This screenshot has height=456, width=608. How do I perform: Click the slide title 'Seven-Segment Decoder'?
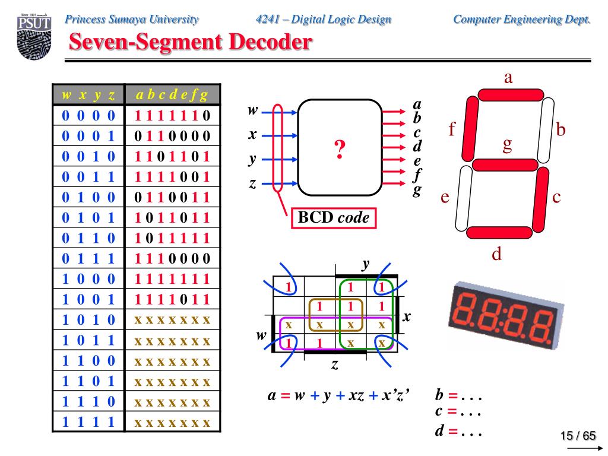189,42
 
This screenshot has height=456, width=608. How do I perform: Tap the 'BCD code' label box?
333,218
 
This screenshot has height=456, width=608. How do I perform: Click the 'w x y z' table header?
88,94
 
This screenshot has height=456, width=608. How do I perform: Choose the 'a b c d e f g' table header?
172,94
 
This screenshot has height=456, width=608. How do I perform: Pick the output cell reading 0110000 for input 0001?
172,135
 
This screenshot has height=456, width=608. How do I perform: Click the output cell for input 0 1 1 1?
172,258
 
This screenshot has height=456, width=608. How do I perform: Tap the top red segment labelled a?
506,94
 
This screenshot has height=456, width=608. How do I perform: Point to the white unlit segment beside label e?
463,198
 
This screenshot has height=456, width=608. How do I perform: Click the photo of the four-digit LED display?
505,313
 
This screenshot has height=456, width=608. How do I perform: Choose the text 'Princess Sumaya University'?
132,19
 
